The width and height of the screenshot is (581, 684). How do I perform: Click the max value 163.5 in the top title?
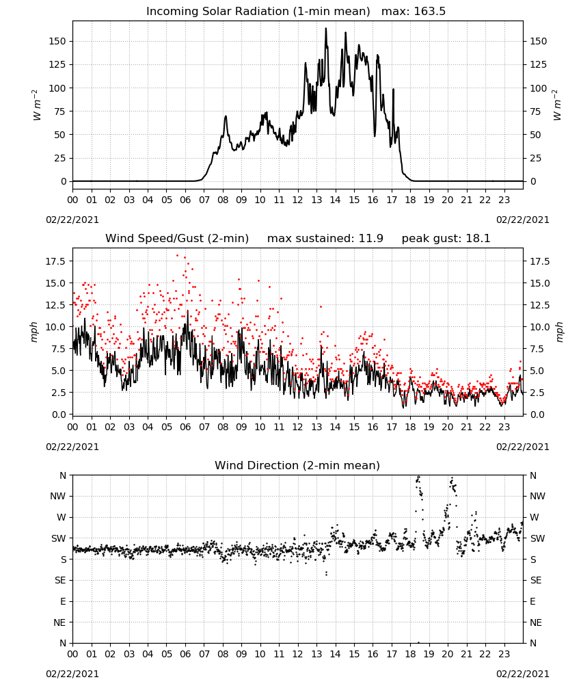click(429, 11)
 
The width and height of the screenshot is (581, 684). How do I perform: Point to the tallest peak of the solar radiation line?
click(325, 29)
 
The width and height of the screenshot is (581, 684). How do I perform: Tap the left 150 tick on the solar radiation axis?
click(58, 41)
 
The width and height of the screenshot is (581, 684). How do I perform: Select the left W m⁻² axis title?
click(37, 105)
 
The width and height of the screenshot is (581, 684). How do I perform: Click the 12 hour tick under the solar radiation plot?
click(297, 200)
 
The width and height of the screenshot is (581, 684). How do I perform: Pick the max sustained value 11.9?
click(371, 238)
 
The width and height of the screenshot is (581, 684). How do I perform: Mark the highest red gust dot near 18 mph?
click(178, 255)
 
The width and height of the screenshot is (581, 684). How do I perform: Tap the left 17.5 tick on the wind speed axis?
click(56, 261)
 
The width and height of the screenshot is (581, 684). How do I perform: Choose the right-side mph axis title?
click(559, 332)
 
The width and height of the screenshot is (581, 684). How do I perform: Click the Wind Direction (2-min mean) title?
click(297, 465)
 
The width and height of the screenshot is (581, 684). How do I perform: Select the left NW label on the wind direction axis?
click(58, 496)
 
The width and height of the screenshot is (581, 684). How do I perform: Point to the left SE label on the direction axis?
click(61, 580)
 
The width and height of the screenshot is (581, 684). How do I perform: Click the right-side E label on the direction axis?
click(532, 601)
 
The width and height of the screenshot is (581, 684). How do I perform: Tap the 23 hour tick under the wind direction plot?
click(504, 653)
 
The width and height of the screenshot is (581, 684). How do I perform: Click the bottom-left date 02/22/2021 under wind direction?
click(72, 674)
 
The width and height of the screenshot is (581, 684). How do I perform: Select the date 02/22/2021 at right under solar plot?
click(523, 220)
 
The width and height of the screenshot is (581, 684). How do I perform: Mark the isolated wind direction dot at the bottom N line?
click(418, 642)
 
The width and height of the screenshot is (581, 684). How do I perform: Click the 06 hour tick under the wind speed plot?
click(185, 427)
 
